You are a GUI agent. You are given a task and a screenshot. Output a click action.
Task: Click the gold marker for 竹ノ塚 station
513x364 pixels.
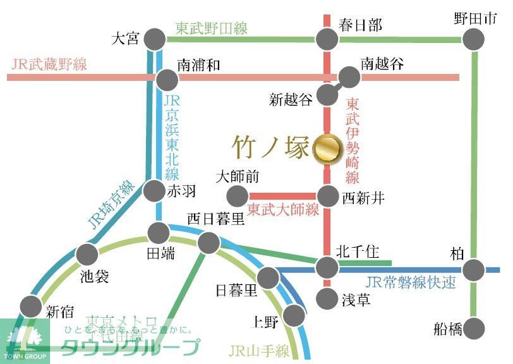coord(327,149)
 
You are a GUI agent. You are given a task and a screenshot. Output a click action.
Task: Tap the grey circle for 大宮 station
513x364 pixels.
coord(155,39)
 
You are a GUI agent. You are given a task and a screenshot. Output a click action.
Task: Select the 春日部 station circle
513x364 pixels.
coord(327,39)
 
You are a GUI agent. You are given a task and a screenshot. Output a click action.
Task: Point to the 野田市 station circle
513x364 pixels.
coord(474,39)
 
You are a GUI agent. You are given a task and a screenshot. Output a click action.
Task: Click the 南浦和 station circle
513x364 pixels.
coord(167,80)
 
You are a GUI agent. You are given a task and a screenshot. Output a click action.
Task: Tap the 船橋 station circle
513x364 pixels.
coord(474,329)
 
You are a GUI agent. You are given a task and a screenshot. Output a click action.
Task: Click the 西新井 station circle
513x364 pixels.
coord(327,196)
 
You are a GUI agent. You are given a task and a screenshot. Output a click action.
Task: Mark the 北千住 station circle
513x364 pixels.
coord(327,268)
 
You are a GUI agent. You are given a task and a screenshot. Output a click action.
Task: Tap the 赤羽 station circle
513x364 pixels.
coord(155,190)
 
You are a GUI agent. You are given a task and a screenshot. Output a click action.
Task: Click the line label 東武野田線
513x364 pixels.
coord(212,28)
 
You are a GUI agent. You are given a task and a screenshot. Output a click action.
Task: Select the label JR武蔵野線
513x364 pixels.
coord(49,64)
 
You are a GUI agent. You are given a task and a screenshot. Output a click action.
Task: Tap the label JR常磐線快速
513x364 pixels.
coord(410,282)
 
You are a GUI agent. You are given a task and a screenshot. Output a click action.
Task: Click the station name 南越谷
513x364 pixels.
coord(382,63)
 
